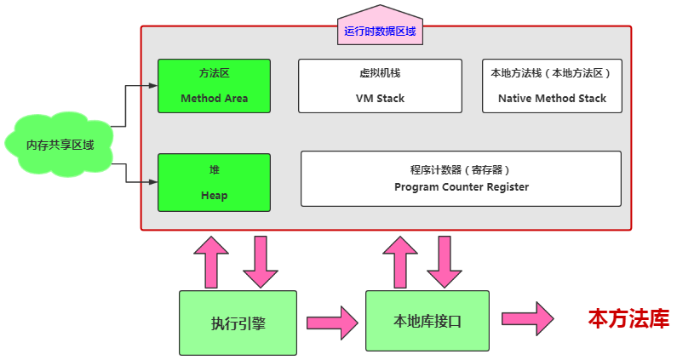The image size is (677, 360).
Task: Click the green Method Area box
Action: pyautogui.click(x=214, y=86)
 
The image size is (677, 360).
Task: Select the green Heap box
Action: pyautogui.click(x=214, y=182)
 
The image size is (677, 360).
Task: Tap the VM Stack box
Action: pyautogui.click(x=380, y=86)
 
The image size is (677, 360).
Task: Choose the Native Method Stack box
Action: pyautogui.click(x=551, y=86)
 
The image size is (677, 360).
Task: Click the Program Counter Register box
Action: pyautogui.click(x=461, y=179)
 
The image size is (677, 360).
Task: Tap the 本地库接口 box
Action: pyautogui.click(x=427, y=321)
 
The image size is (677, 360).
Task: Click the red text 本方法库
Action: pyautogui.click(x=628, y=319)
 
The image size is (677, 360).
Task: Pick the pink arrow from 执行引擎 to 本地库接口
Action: pyautogui.click(x=332, y=322)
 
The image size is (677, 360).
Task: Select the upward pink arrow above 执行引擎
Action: pyautogui.click(x=211, y=260)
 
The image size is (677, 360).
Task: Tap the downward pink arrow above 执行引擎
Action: pyautogui.click(x=261, y=260)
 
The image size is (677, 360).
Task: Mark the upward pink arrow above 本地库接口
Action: pyautogui.click(x=400, y=260)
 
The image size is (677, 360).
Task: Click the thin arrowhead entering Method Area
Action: pyautogui.click(x=153, y=86)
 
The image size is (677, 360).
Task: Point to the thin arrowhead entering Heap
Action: pyautogui.click(x=153, y=182)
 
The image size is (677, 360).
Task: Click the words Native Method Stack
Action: pyautogui.click(x=552, y=99)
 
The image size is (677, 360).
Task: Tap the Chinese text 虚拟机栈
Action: pyautogui.click(x=380, y=73)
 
